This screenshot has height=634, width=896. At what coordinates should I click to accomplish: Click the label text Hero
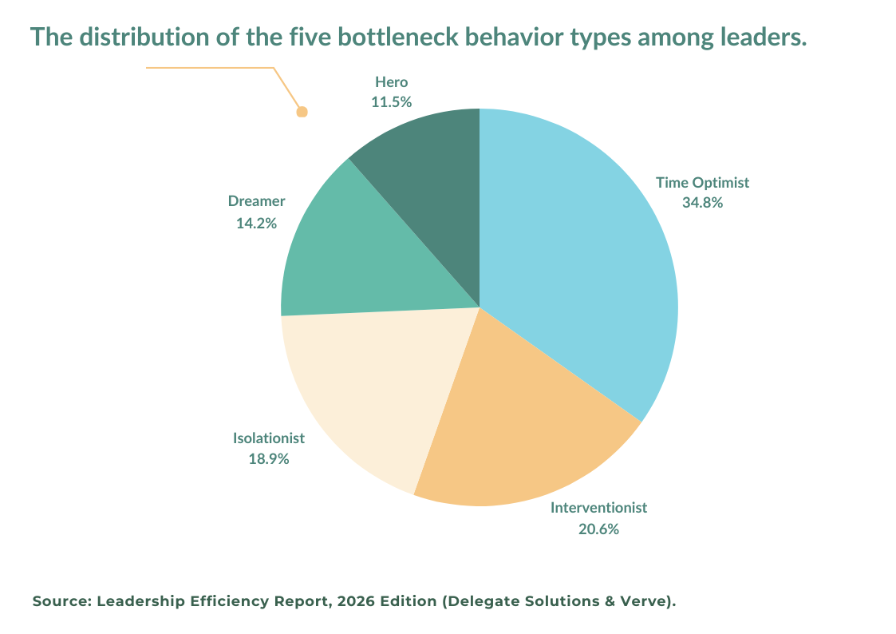coord(391,82)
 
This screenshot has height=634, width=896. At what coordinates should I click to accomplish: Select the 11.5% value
coord(391,102)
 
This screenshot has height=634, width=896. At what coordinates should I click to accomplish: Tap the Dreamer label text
coord(256,201)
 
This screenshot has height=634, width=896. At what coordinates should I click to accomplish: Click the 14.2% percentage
coord(256,224)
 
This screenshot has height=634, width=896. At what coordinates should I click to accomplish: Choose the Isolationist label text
coord(269,438)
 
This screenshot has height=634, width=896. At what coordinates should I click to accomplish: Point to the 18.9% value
coord(269,459)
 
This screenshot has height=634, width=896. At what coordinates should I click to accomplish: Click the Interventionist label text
coord(598,508)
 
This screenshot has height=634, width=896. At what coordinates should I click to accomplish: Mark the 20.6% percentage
coord(598,529)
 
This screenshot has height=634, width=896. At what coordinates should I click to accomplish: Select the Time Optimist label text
coord(702,183)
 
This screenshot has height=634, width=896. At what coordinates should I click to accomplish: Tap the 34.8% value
coord(702,203)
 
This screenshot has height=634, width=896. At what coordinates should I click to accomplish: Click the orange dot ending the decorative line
coord(302,112)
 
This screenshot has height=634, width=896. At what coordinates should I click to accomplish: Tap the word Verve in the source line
coord(641,601)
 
